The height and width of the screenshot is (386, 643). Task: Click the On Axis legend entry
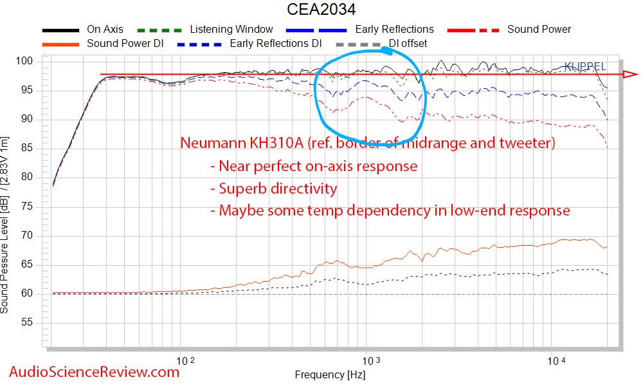(105, 30)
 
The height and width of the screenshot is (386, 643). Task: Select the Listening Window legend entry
(231, 30)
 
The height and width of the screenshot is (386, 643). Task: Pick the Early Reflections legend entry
(394, 30)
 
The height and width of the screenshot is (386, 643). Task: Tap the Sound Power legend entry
(539, 30)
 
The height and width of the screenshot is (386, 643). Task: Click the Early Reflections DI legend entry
(275, 44)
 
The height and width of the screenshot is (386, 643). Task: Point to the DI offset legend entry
(408, 44)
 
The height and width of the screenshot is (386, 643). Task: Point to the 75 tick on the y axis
(26, 207)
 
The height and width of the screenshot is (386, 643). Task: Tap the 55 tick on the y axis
(26, 323)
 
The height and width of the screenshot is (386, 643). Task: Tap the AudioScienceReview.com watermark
(94, 371)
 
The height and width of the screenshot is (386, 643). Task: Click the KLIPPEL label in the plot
(584, 66)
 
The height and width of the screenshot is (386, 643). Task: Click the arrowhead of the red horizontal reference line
(627, 75)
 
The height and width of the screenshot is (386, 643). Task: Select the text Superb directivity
(278, 188)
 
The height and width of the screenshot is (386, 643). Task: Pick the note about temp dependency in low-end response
(394, 210)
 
